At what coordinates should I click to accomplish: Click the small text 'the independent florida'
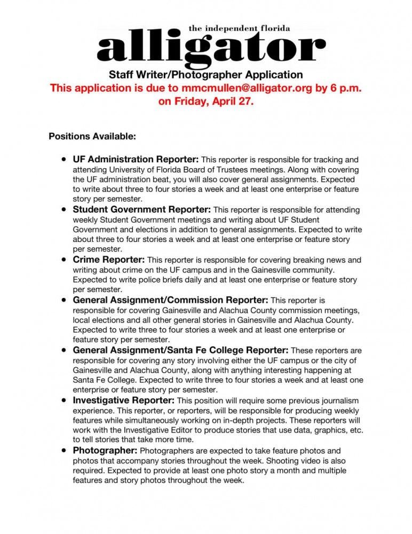point(240,28)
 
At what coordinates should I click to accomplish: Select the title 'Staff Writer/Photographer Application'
point(206,75)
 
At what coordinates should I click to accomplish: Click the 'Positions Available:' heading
point(92,136)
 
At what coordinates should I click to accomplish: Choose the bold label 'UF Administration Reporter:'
point(136,159)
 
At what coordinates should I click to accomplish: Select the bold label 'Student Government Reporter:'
point(142,210)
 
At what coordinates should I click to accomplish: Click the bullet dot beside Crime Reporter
point(64,260)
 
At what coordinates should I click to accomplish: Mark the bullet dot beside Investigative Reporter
point(64,400)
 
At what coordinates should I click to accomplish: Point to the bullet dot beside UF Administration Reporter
point(64,159)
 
